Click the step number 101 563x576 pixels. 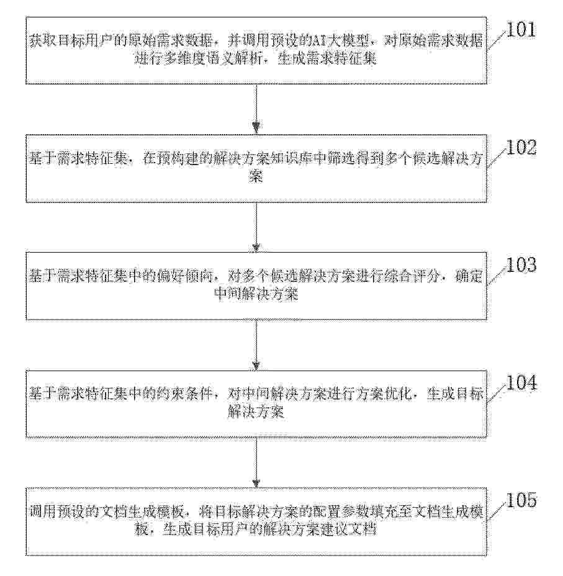click(x=521, y=29)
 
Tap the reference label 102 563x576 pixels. click(x=521, y=147)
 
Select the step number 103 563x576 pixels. click(x=521, y=264)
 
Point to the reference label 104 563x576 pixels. click(x=521, y=382)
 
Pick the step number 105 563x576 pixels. click(x=521, y=500)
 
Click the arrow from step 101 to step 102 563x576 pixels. click(x=256, y=109)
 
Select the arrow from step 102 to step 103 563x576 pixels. click(x=256, y=227)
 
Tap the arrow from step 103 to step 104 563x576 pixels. click(x=256, y=345)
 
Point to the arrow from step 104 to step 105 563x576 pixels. click(x=256, y=462)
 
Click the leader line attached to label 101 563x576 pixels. click(x=497, y=40)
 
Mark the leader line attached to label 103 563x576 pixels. click(x=497, y=275)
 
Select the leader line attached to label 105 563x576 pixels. click(x=497, y=511)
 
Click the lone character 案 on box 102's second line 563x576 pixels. click(x=256, y=177)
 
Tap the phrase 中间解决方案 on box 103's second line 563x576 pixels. click(x=256, y=294)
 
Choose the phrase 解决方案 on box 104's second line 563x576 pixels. click(x=256, y=412)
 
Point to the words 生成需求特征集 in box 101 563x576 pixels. click(x=327, y=59)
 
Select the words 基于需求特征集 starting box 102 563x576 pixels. click(x=79, y=159)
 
